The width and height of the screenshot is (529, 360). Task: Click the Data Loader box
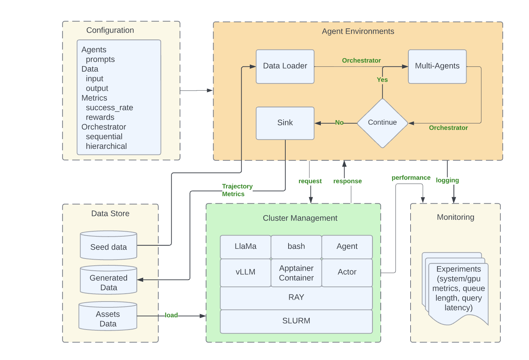coord(285,66)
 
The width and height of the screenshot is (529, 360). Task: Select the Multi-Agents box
coord(437,66)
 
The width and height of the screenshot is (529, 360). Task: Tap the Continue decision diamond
coord(383,123)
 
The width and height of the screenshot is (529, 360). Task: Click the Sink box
coord(285,123)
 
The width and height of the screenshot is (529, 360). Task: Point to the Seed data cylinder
coord(108,247)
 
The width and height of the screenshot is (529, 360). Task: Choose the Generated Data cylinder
coord(108,282)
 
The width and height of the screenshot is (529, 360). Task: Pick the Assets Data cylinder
coord(108,318)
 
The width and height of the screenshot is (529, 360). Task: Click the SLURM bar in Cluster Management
coord(296,321)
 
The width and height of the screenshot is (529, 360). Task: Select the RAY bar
coord(296,298)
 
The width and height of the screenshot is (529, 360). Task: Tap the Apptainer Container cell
coord(296,273)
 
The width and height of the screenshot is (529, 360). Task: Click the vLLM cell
coord(245,272)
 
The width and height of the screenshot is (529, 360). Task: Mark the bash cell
coord(296,247)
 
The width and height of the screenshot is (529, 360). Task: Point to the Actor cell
coord(347,272)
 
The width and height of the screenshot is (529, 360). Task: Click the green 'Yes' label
coord(382,80)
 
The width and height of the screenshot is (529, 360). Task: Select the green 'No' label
coord(339,123)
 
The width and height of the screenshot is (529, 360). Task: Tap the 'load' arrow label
coord(171,315)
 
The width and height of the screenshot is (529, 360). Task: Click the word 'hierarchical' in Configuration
coord(106,146)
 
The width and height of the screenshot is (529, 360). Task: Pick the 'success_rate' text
coord(109,108)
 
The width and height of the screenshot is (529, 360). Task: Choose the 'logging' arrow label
coord(447,180)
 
